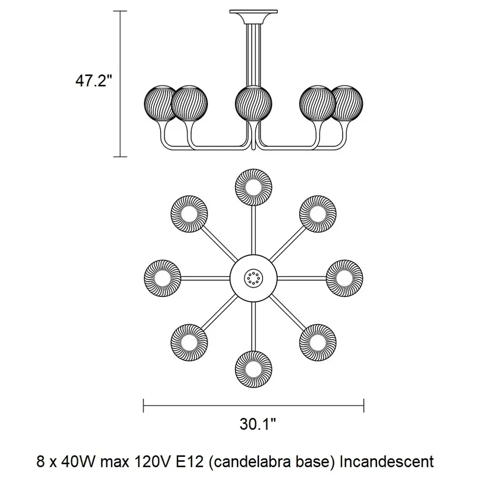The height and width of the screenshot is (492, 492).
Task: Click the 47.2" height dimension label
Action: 93,81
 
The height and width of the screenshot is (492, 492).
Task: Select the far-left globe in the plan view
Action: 162,277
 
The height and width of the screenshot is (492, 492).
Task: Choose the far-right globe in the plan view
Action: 344,277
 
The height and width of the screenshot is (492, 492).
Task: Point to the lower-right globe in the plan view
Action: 318,342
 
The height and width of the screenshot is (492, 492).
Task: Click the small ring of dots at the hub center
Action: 253,277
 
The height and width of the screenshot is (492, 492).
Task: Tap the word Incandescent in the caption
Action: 387,462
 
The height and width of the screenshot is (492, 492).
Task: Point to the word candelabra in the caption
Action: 250,462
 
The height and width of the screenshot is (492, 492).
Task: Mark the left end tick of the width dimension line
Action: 144,406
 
